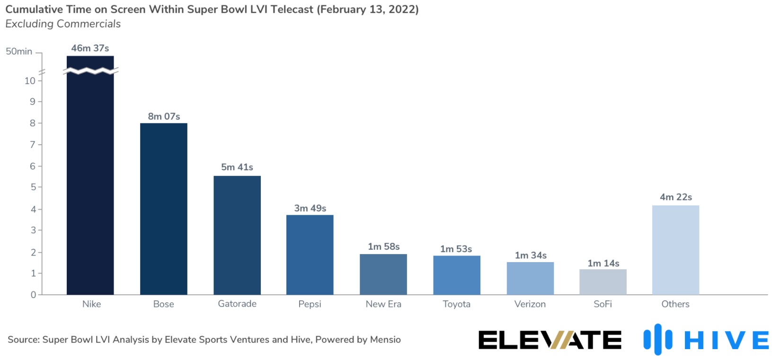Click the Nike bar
[x=90, y=184]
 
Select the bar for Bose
[x=163, y=209]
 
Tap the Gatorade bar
[x=237, y=235]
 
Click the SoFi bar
[x=603, y=282]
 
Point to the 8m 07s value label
[x=164, y=116]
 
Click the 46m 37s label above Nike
[x=90, y=48]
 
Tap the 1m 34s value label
[x=531, y=255]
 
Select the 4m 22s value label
[x=676, y=197]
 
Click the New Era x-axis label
[x=383, y=304]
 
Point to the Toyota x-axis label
[x=456, y=304]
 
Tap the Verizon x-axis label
[x=530, y=304]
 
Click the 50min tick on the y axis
[x=19, y=52]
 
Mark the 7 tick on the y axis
[x=33, y=144]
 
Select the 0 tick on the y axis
[x=33, y=295]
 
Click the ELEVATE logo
[x=550, y=340]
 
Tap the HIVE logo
[x=706, y=340]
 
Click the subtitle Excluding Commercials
[x=63, y=24]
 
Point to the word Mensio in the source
[x=385, y=340]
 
